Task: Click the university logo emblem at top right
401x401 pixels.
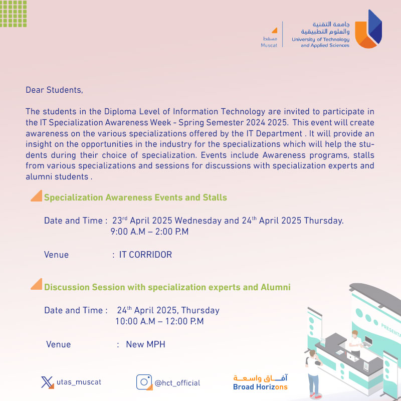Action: [368, 29]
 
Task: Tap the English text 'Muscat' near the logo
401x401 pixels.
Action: [269, 45]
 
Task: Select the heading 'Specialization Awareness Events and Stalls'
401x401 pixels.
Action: [135, 197]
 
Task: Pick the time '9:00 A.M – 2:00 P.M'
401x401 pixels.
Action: [149, 232]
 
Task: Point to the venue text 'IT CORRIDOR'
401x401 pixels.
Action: [145, 255]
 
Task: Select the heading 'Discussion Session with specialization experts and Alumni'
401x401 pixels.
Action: [167, 287]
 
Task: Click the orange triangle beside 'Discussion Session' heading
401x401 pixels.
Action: [36, 285]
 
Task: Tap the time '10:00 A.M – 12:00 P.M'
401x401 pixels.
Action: [159, 321]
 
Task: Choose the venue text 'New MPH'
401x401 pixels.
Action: [145, 344]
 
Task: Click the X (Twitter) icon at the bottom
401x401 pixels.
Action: [47, 382]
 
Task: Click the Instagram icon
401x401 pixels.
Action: [144, 382]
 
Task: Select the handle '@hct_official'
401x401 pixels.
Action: [177, 383]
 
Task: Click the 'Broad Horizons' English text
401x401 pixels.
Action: [260, 387]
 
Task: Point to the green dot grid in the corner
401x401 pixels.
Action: [14, 14]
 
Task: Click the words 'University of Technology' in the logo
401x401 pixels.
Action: [320, 39]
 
